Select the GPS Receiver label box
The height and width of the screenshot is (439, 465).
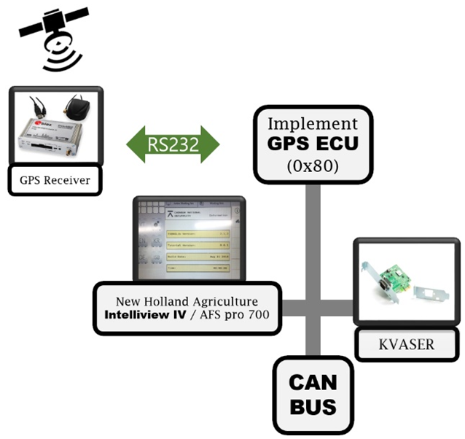(x=55, y=179)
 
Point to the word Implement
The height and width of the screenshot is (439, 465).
(x=314, y=123)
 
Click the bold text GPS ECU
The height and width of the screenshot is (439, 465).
(x=314, y=144)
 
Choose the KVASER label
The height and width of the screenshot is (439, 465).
(x=407, y=343)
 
